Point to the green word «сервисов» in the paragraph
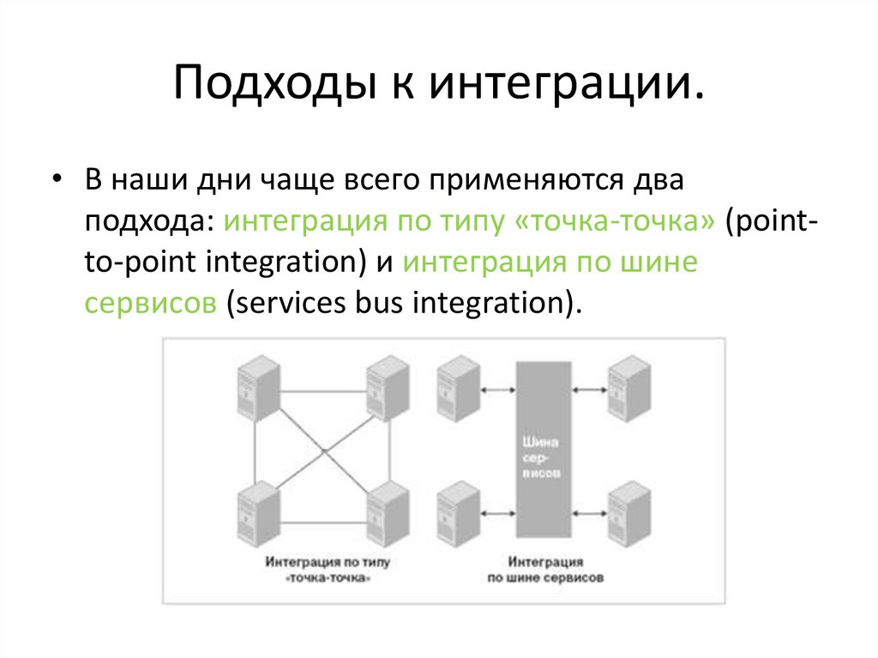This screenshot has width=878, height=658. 150,303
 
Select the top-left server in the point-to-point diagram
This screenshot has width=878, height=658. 258,389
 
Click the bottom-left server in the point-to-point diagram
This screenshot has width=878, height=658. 258,513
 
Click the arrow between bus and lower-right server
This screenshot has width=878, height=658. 587,514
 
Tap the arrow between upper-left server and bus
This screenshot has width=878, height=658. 497,389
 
